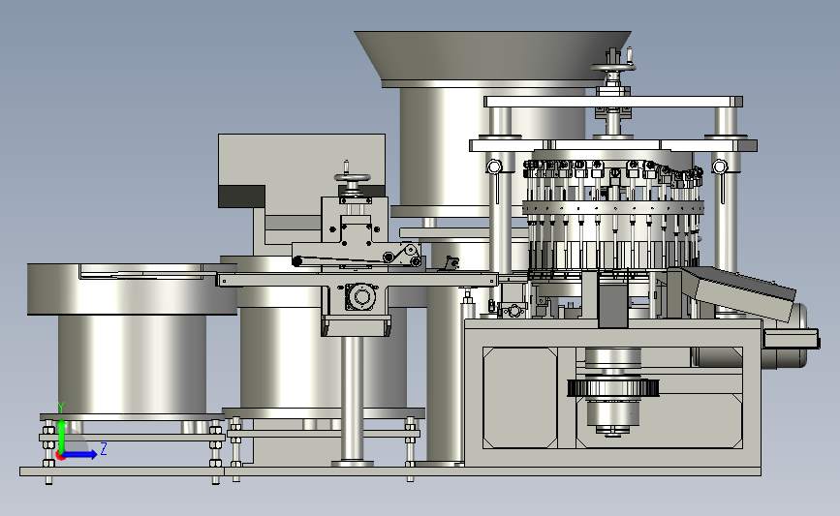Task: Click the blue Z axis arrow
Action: point(79,454)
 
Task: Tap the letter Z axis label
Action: point(104,448)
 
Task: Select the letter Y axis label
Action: point(60,408)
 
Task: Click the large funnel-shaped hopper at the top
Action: point(492,56)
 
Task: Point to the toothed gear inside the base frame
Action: point(613,387)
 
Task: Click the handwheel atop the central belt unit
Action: point(352,178)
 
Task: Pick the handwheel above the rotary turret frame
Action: point(613,67)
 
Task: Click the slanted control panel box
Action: point(731,292)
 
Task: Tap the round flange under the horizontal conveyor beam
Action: point(361,296)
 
